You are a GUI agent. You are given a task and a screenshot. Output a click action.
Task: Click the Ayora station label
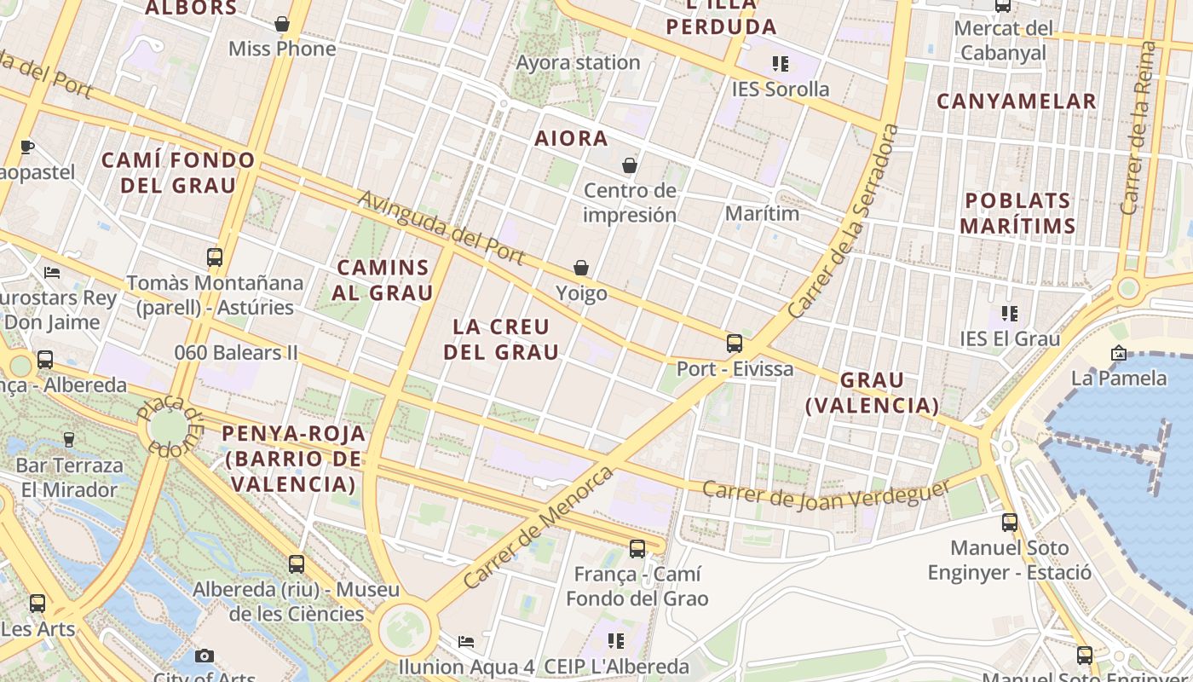(x=578, y=63)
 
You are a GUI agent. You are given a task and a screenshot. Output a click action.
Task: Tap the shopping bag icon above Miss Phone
(x=282, y=24)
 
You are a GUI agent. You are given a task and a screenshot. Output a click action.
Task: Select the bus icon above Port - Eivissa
(x=735, y=344)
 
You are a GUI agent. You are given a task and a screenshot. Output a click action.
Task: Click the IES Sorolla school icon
(x=780, y=64)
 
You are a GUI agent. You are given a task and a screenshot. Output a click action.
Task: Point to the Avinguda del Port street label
(x=441, y=227)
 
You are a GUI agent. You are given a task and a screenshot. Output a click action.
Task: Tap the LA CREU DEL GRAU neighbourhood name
(x=502, y=339)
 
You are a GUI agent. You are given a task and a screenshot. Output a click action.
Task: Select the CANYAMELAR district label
(x=1017, y=101)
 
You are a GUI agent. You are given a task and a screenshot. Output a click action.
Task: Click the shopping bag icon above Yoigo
(x=581, y=269)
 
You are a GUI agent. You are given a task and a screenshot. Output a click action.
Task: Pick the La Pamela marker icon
(x=1119, y=353)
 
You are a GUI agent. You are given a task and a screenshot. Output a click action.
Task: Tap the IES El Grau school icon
(x=1010, y=314)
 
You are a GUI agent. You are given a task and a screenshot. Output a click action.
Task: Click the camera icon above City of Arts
(x=205, y=656)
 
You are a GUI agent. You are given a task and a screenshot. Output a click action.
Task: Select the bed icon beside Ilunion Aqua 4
(x=466, y=641)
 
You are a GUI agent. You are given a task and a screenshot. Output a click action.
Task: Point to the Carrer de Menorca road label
(x=538, y=528)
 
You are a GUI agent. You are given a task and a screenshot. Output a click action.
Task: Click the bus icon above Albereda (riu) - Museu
(x=297, y=564)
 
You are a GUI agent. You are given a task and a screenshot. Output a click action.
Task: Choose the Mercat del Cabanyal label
(x=1004, y=40)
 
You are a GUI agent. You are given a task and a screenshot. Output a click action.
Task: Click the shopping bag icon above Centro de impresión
(x=630, y=165)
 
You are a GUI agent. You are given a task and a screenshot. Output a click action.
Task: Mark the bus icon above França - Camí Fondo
(x=637, y=549)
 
